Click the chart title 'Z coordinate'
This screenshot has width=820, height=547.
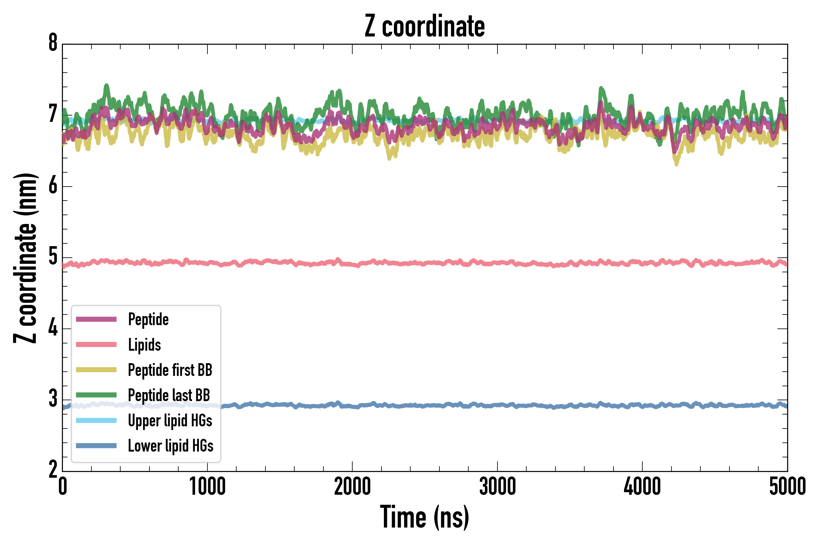[x=425, y=26]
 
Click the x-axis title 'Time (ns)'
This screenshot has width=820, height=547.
[x=425, y=517]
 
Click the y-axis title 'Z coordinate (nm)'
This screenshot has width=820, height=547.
[x=25, y=258]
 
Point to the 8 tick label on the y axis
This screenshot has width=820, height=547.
[x=53, y=43]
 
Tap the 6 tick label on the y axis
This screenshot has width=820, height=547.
[x=53, y=186]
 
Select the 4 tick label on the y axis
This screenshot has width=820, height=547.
[x=53, y=328]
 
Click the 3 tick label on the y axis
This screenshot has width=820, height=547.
[x=53, y=399]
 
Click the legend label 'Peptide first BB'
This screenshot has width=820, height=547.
[x=170, y=370]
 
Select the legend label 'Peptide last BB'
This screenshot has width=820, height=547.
[x=169, y=395]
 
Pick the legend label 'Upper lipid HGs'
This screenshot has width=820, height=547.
[x=170, y=421]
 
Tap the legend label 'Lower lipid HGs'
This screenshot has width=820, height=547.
[x=171, y=446]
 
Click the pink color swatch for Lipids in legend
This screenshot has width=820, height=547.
[x=96, y=345]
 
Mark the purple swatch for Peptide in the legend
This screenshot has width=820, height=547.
[x=96, y=319]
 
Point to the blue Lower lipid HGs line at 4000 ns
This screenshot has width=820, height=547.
[x=642, y=405]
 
